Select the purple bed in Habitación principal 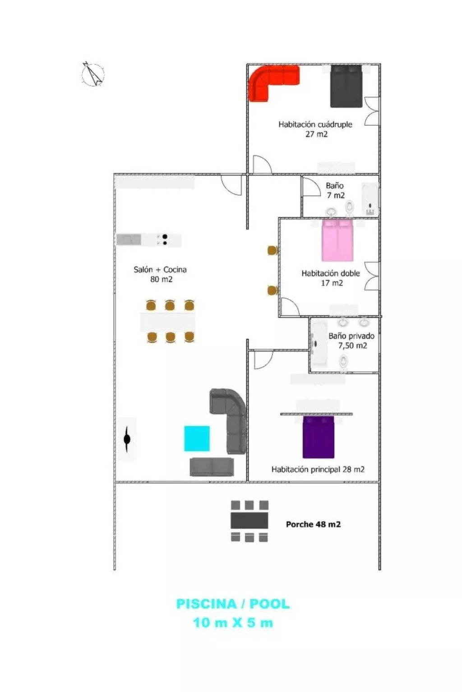pos(318,437)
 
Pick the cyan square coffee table pos(197,438)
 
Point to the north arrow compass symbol pos(93,74)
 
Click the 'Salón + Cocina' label pos(160,269)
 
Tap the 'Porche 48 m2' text pos(313,524)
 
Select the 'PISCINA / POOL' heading pos(233,604)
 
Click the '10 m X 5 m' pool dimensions pos(233,623)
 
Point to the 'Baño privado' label pos(351,336)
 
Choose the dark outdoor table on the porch pos(249,521)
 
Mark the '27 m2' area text pos(316,134)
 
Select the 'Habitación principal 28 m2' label pos(318,469)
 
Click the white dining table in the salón pos(168,322)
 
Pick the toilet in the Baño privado pos(343,361)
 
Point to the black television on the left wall pos(127,438)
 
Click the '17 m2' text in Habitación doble pos(332,283)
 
